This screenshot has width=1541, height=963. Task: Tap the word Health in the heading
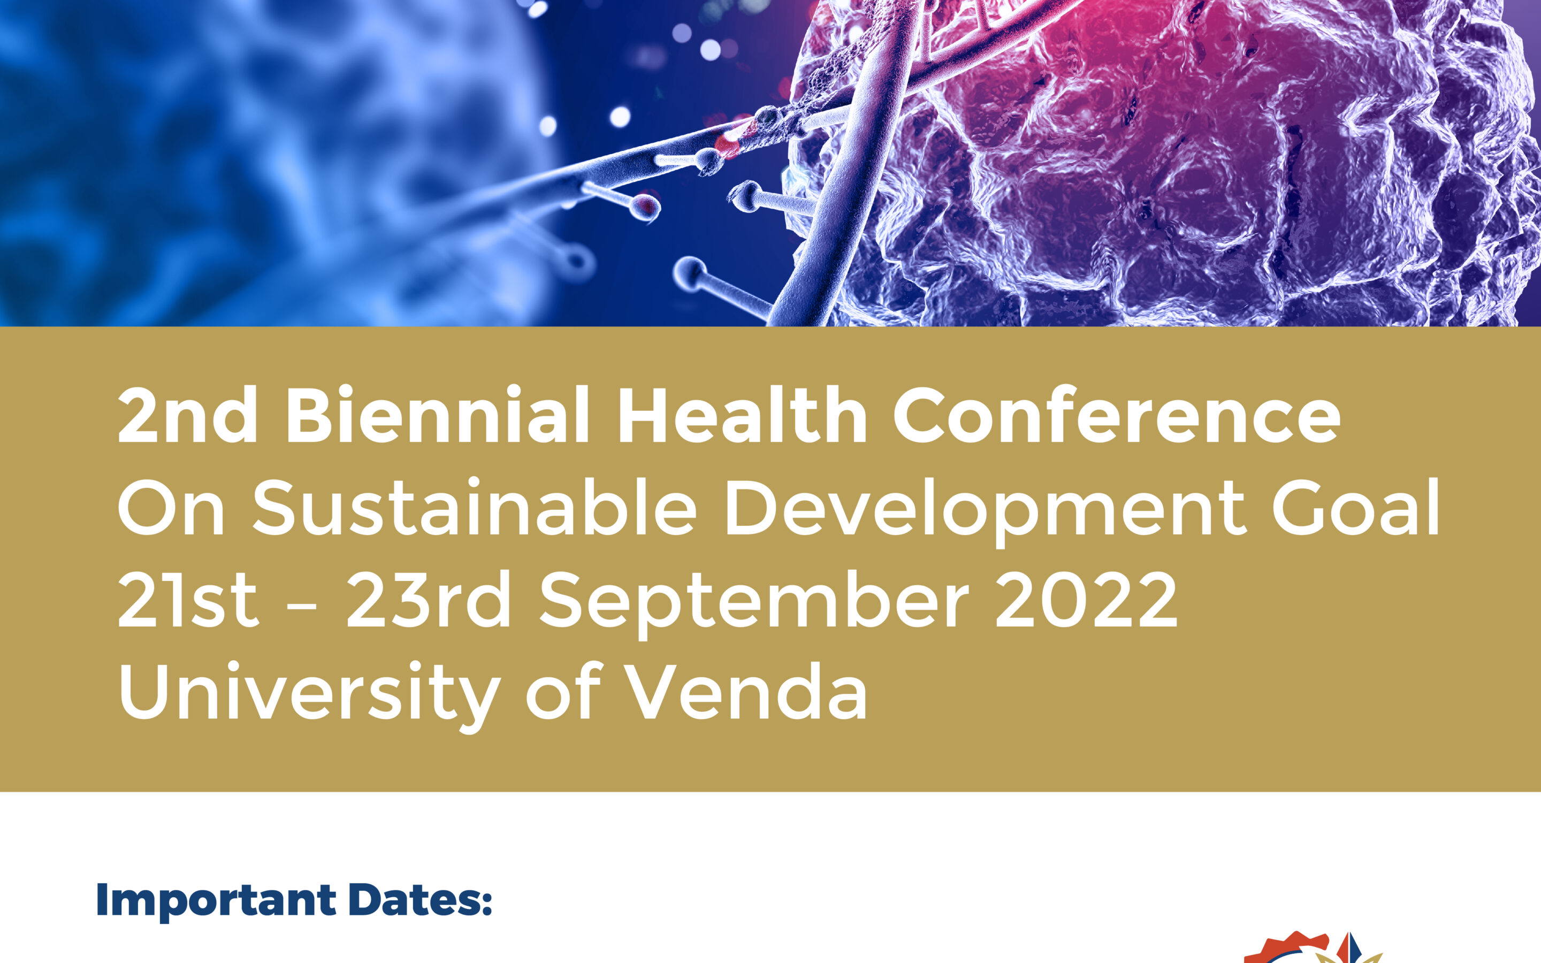coord(742,415)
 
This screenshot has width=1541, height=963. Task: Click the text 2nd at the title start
coord(188,415)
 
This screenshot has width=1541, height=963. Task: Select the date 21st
coord(188,599)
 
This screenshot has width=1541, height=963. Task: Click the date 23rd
coord(429,599)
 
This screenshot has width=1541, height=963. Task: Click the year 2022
coord(1086,599)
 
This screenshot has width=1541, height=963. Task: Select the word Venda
coord(747,691)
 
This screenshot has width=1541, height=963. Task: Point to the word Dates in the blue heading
coord(421,900)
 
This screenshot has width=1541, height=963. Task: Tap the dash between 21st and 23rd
coord(302,606)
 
